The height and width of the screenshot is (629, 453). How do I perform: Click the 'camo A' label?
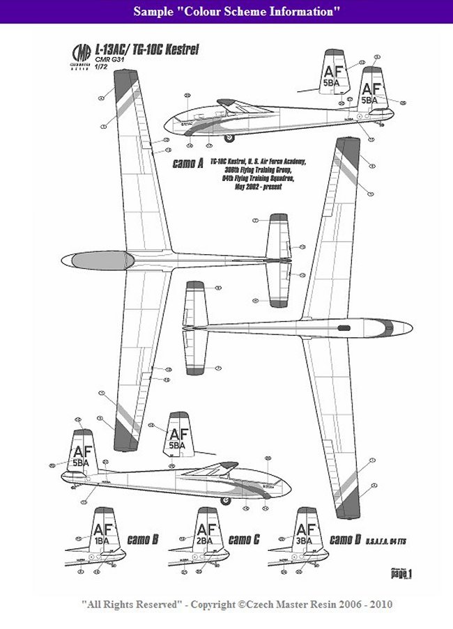[186, 164]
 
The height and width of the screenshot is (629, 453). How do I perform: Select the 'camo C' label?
[244, 539]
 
